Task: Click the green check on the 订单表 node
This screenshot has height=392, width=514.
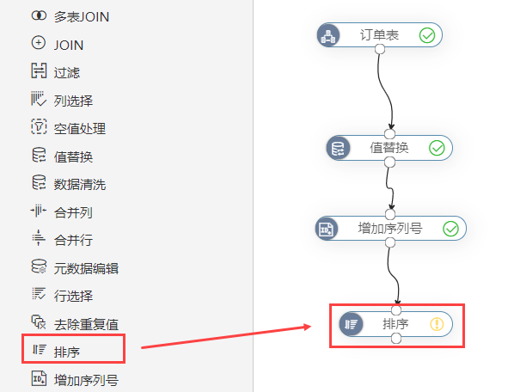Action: tap(427, 35)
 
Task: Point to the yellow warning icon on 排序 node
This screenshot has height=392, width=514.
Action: tap(437, 324)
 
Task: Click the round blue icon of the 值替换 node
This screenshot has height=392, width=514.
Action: tap(339, 148)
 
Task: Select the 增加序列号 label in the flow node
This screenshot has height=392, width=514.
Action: tap(390, 229)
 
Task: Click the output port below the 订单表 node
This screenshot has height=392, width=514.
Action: tap(380, 49)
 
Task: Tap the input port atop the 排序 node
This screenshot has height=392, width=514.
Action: tap(396, 310)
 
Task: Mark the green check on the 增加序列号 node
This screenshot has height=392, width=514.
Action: tap(450, 229)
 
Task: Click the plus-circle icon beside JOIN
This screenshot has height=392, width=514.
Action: tap(39, 43)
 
